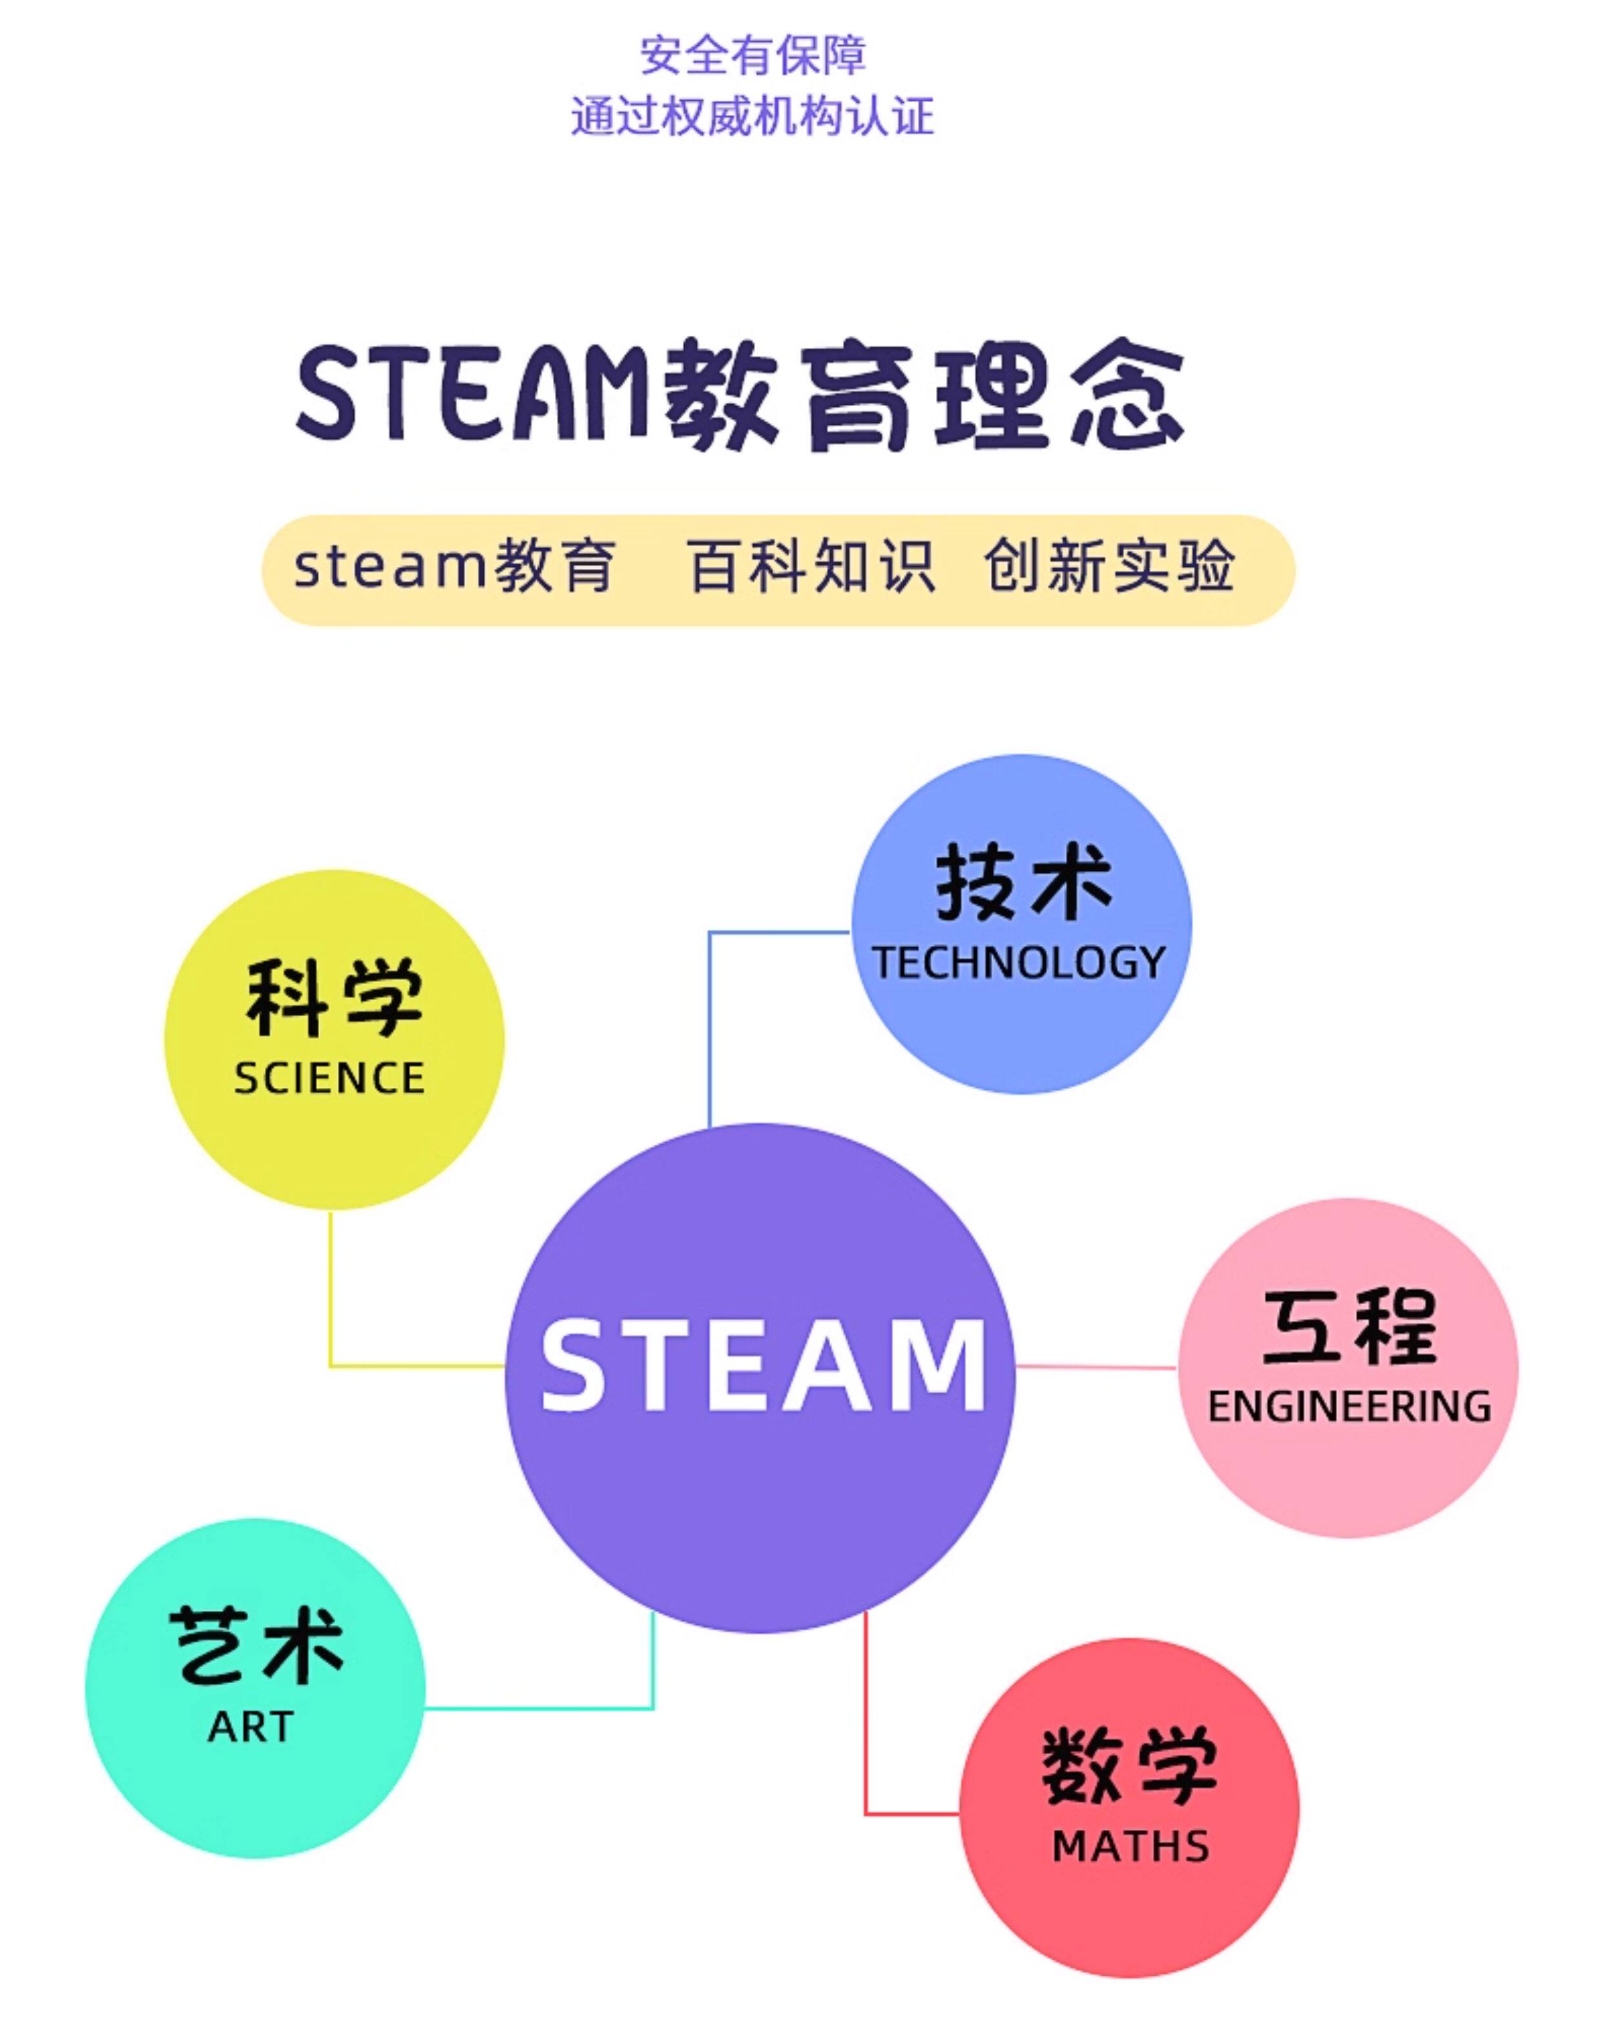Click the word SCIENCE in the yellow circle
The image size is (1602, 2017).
coord(329,1079)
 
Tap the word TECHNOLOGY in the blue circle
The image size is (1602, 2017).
coord(1019,963)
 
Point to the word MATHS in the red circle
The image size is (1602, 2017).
coord(1130,1847)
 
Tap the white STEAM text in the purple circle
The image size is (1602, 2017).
coord(763,1366)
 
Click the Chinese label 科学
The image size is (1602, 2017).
coord(334,998)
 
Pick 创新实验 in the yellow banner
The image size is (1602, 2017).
coord(1109,566)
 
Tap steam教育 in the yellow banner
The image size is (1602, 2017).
coord(455,566)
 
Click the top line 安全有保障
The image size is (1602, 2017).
coord(753,55)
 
